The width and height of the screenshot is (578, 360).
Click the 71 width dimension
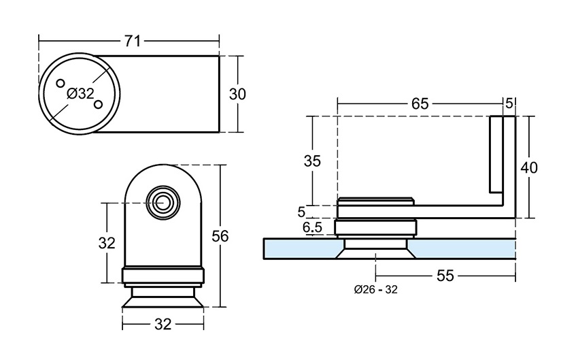click(132, 41)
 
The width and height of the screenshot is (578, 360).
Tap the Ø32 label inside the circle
click(81, 94)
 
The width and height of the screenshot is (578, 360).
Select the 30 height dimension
click(237, 94)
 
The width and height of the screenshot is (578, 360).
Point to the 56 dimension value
click(220, 235)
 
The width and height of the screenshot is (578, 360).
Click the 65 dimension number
click(420, 103)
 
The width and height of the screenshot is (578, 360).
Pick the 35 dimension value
click(312, 161)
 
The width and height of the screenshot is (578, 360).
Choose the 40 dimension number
click(529, 167)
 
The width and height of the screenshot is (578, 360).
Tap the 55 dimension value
click(445, 275)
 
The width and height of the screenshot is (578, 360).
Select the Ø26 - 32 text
click(375, 289)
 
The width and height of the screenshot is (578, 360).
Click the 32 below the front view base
click(163, 325)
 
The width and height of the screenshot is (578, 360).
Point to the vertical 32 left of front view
click(107, 242)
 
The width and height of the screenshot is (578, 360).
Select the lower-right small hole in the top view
click(99, 104)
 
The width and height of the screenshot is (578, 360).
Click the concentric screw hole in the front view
click(163, 202)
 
